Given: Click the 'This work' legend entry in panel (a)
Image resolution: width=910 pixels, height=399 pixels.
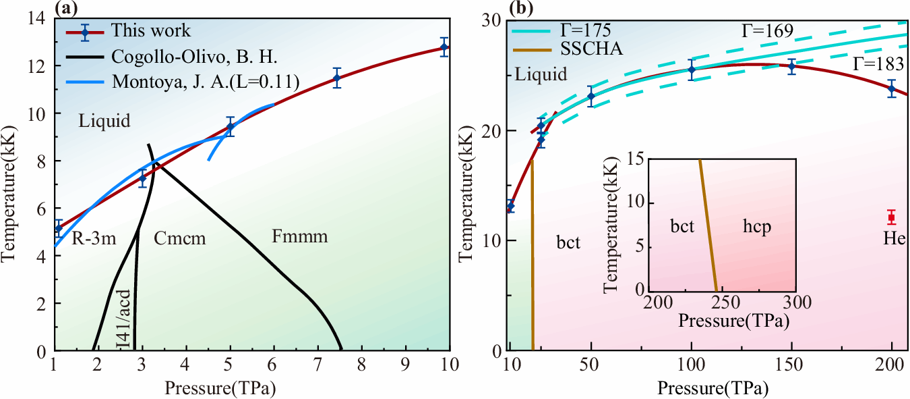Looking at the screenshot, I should point(151,30).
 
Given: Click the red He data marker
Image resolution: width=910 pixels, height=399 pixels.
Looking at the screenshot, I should point(891,217).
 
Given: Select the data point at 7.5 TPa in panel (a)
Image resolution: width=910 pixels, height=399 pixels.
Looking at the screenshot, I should point(337,78).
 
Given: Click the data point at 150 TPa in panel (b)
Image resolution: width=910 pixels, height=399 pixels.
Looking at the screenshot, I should point(791,66).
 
